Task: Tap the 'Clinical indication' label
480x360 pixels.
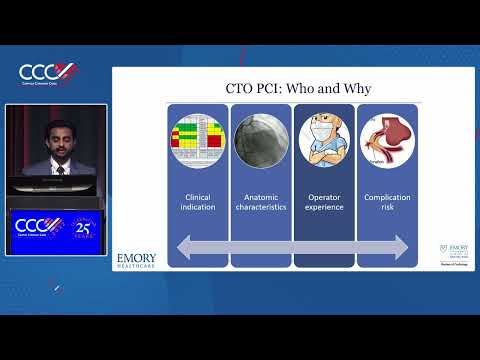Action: click(x=198, y=203)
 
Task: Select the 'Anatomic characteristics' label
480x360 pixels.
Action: click(x=261, y=203)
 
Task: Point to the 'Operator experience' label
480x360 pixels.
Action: click(x=324, y=203)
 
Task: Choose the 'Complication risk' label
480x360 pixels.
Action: click(x=386, y=203)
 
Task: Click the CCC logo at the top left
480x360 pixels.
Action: click(x=47, y=73)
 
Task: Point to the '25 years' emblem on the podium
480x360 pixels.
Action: click(x=82, y=227)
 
